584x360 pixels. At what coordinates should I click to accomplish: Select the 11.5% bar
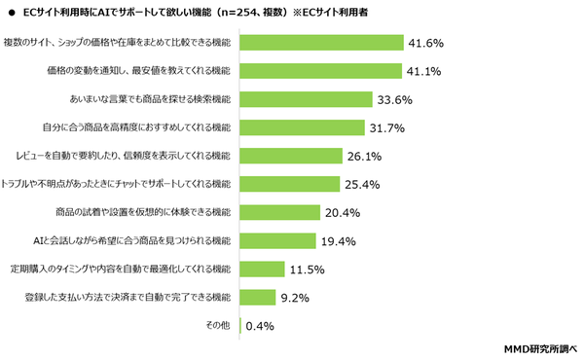click(262, 269)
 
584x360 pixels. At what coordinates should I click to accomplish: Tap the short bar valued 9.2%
click(257, 297)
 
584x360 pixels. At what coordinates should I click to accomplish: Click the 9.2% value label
click(295, 297)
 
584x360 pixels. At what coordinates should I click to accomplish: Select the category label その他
click(218, 326)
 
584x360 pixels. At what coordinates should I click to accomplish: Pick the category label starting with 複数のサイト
click(118, 43)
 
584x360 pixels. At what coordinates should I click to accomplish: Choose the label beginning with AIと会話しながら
click(132, 240)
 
